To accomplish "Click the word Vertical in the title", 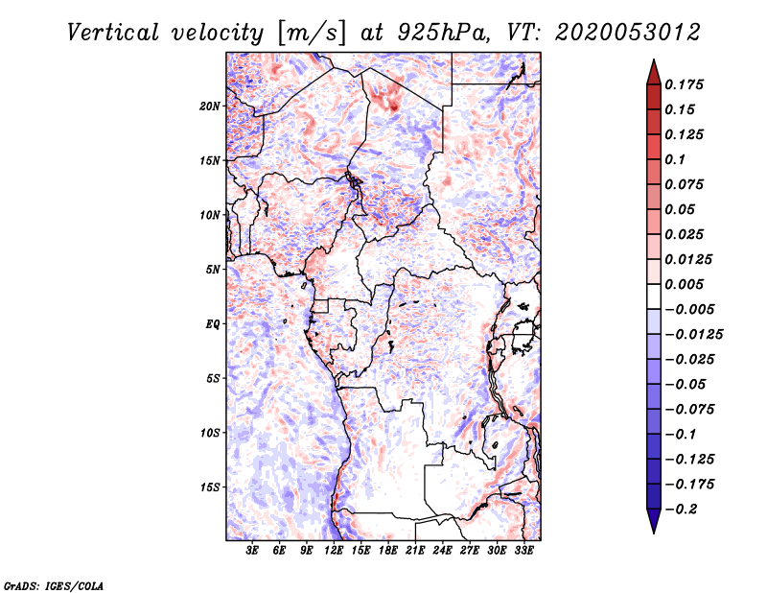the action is tap(113, 33).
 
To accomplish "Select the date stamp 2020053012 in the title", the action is tap(628, 33).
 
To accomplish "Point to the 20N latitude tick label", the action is tap(210, 107).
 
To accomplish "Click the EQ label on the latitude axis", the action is tap(213, 324).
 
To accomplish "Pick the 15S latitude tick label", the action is tap(210, 487).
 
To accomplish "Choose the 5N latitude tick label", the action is tap(213, 270).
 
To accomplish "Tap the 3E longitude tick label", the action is tap(252, 551).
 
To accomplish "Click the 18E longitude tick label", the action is tap(388, 551).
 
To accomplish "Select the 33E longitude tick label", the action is tap(523, 551).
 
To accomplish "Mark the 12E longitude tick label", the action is tap(334, 551).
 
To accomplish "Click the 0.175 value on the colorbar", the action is tap(685, 84).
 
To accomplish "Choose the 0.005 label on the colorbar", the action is tap(685, 284).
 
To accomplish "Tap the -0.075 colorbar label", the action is tap(689, 410).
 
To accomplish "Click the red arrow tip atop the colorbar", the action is tap(654, 59).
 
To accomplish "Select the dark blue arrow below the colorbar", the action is tap(654, 521).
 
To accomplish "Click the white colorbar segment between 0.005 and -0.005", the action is tap(654, 296).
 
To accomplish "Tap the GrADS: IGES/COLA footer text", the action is tap(54, 586).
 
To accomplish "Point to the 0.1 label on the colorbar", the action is tap(676, 159).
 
